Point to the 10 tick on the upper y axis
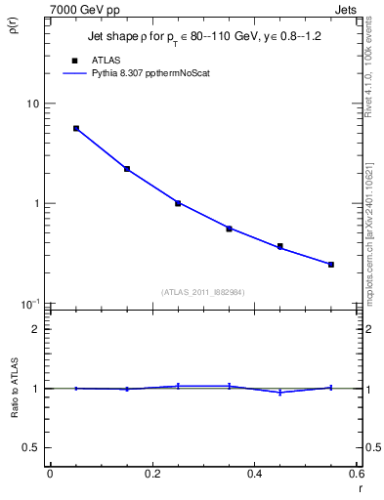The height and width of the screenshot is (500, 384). pos(33,104)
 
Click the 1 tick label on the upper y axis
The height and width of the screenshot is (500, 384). pos(36,204)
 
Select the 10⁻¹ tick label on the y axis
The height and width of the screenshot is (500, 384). pos(31,304)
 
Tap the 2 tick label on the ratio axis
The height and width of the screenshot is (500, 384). pos(36,329)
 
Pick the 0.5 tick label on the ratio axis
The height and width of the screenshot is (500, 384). pos(32,447)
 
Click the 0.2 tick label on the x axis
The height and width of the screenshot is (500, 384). pos(151,476)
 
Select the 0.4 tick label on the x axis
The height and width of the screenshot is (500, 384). pos(254,476)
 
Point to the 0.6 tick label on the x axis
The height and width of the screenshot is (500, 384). pos(356,476)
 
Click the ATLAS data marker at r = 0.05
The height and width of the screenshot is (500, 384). pos(75,128)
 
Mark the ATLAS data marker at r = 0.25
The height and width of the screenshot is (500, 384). pos(178,203)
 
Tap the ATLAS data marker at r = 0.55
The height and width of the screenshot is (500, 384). pos(331,265)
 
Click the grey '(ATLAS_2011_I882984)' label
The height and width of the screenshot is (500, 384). pos(203,292)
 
